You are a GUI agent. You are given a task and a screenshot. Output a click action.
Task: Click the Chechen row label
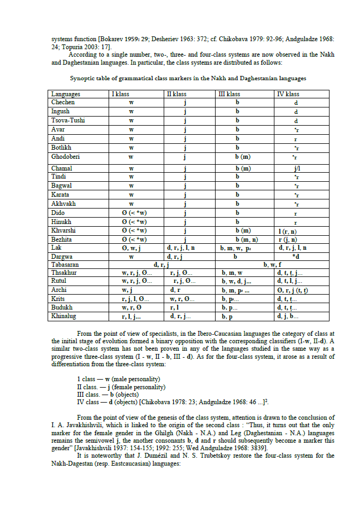63,102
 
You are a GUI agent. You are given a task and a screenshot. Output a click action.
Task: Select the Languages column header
66,94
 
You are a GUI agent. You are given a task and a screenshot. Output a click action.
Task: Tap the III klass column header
229,94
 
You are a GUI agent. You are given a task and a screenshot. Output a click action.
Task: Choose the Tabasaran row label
65,265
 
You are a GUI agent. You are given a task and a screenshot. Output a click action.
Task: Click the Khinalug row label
65,317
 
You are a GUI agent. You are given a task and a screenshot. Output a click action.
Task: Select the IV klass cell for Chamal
295,168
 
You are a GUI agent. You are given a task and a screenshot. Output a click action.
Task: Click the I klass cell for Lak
131,248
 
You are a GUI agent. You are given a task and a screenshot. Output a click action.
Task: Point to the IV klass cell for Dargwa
295,256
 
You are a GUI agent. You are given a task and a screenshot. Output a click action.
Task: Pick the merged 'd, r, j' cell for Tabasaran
160,265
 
